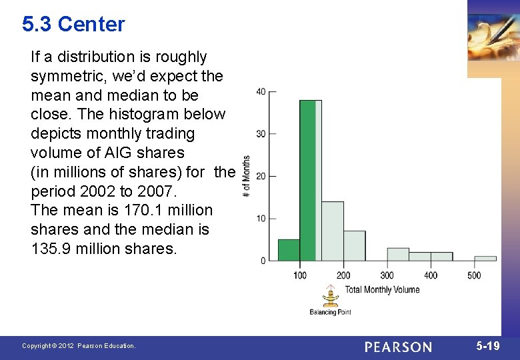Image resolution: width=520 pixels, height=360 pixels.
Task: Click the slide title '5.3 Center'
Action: tap(73, 25)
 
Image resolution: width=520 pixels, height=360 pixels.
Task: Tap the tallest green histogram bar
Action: tap(307, 180)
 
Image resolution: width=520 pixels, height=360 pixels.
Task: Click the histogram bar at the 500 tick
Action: tap(485, 258)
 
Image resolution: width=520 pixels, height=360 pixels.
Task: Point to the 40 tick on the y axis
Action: tap(261, 91)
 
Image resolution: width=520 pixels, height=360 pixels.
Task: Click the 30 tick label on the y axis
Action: tap(261, 134)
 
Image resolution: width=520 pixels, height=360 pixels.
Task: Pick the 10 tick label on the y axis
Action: tap(261, 219)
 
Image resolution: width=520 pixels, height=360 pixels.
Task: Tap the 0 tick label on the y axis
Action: tap(263, 261)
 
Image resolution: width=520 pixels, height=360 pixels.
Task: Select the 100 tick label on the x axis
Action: tap(299, 275)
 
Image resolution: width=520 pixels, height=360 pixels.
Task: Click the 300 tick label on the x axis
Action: tap(387, 275)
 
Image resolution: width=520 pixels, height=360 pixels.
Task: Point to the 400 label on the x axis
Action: tap(431, 275)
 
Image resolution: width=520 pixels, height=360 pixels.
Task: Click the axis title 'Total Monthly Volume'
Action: tap(382, 289)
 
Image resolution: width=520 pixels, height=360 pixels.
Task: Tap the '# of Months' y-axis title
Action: tap(247, 176)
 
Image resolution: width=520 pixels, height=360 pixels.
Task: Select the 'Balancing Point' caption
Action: tap(330, 311)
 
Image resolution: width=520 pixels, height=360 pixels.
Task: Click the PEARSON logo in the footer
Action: tap(398, 347)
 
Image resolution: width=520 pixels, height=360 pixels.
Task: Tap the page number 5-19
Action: tap(487, 346)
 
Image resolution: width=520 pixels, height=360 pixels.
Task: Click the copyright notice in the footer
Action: tap(79, 346)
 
